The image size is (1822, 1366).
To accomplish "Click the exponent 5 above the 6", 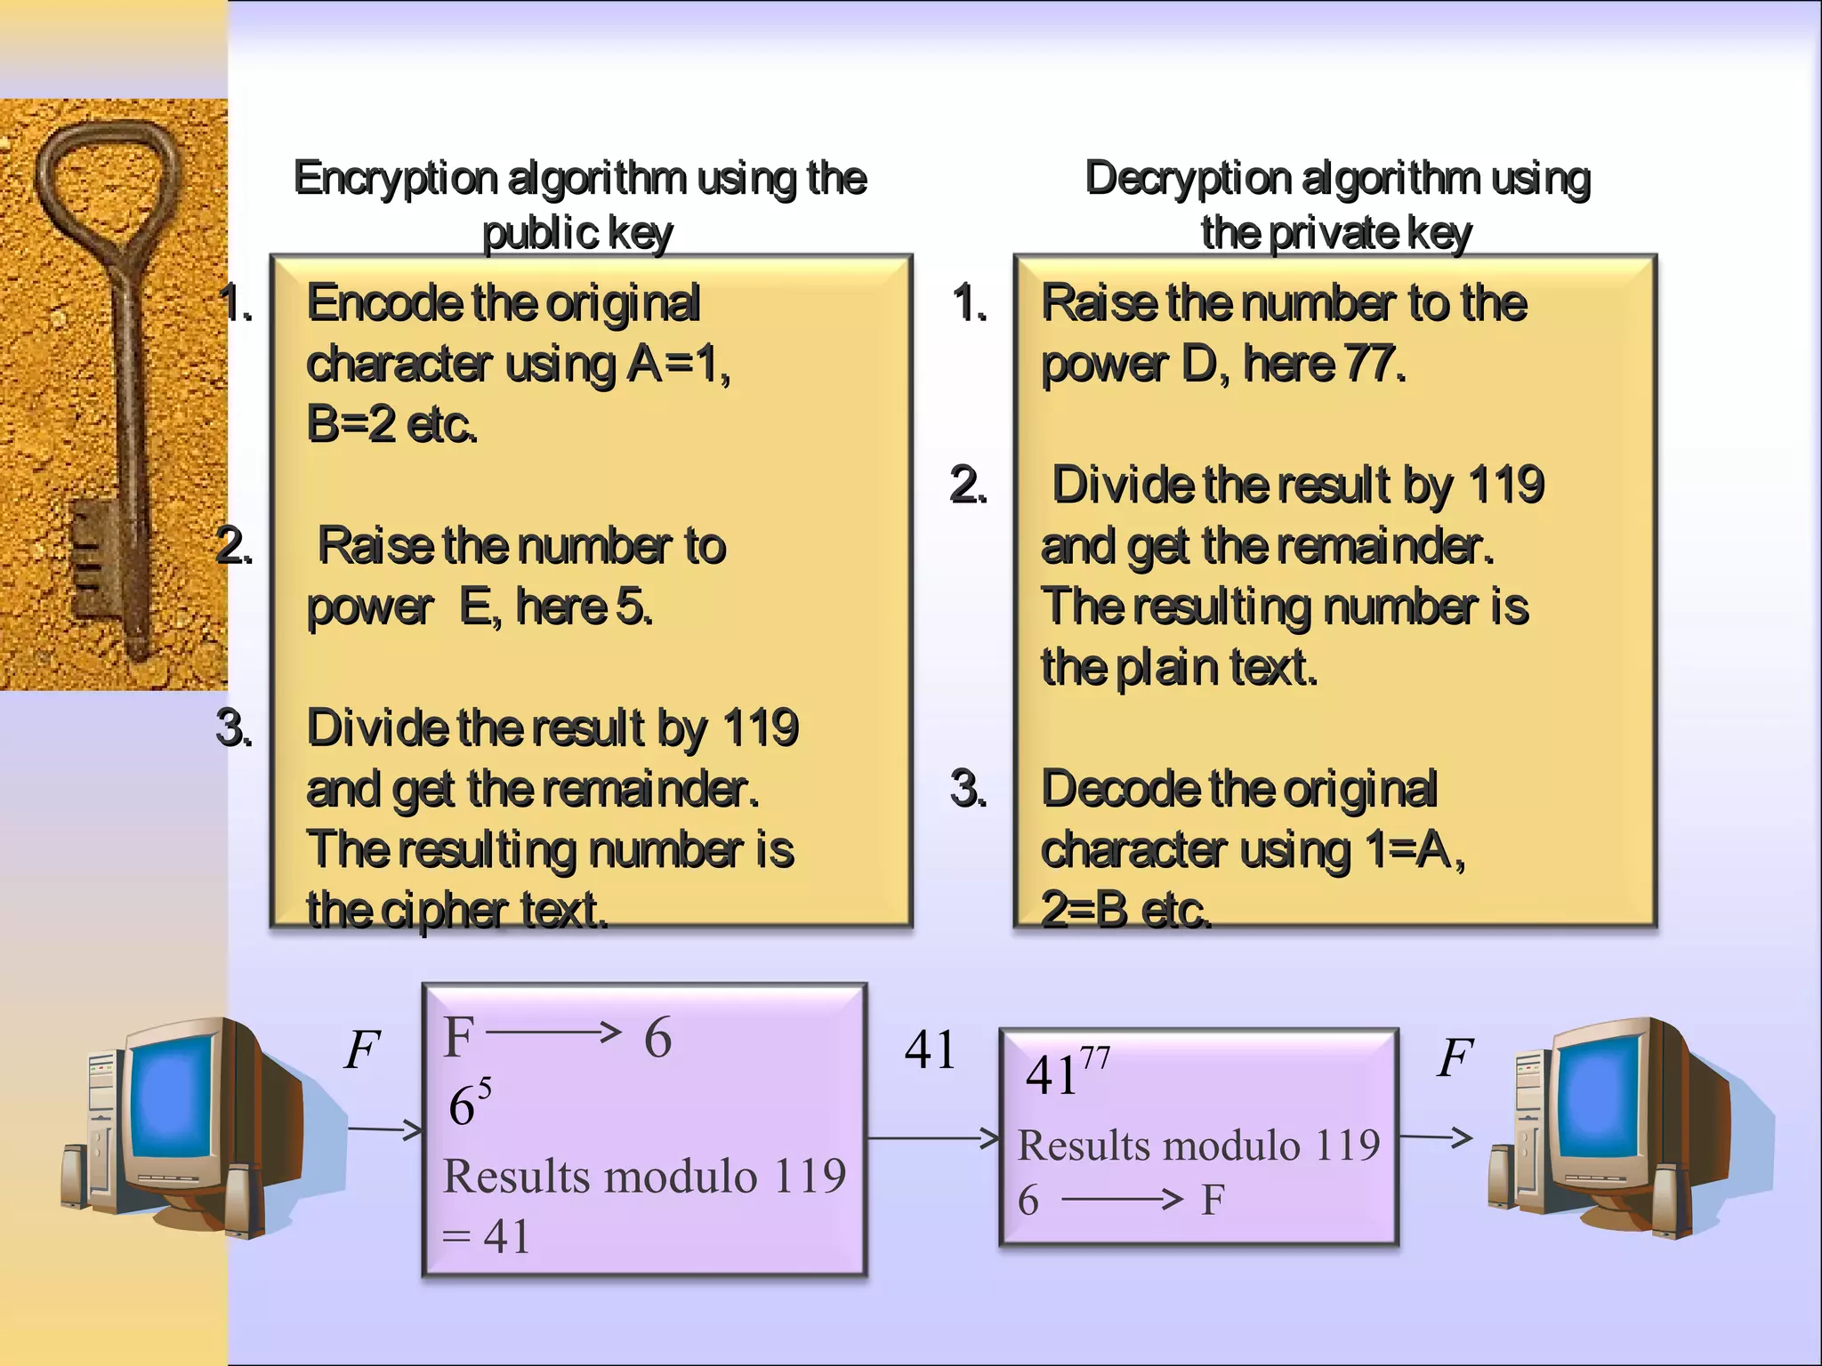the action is [x=485, y=1087].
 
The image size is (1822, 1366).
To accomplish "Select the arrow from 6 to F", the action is [x=1123, y=1200].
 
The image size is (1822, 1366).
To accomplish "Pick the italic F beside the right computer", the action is [x=1455, y=1057].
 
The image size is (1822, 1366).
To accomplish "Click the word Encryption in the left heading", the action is [x=396, y=179].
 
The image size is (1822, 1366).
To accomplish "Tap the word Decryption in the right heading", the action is [x=1188, y=179].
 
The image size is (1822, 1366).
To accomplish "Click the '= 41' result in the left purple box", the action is [x=487, y=1236].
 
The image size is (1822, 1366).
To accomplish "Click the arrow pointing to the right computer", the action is [x=1436, y=1137].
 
